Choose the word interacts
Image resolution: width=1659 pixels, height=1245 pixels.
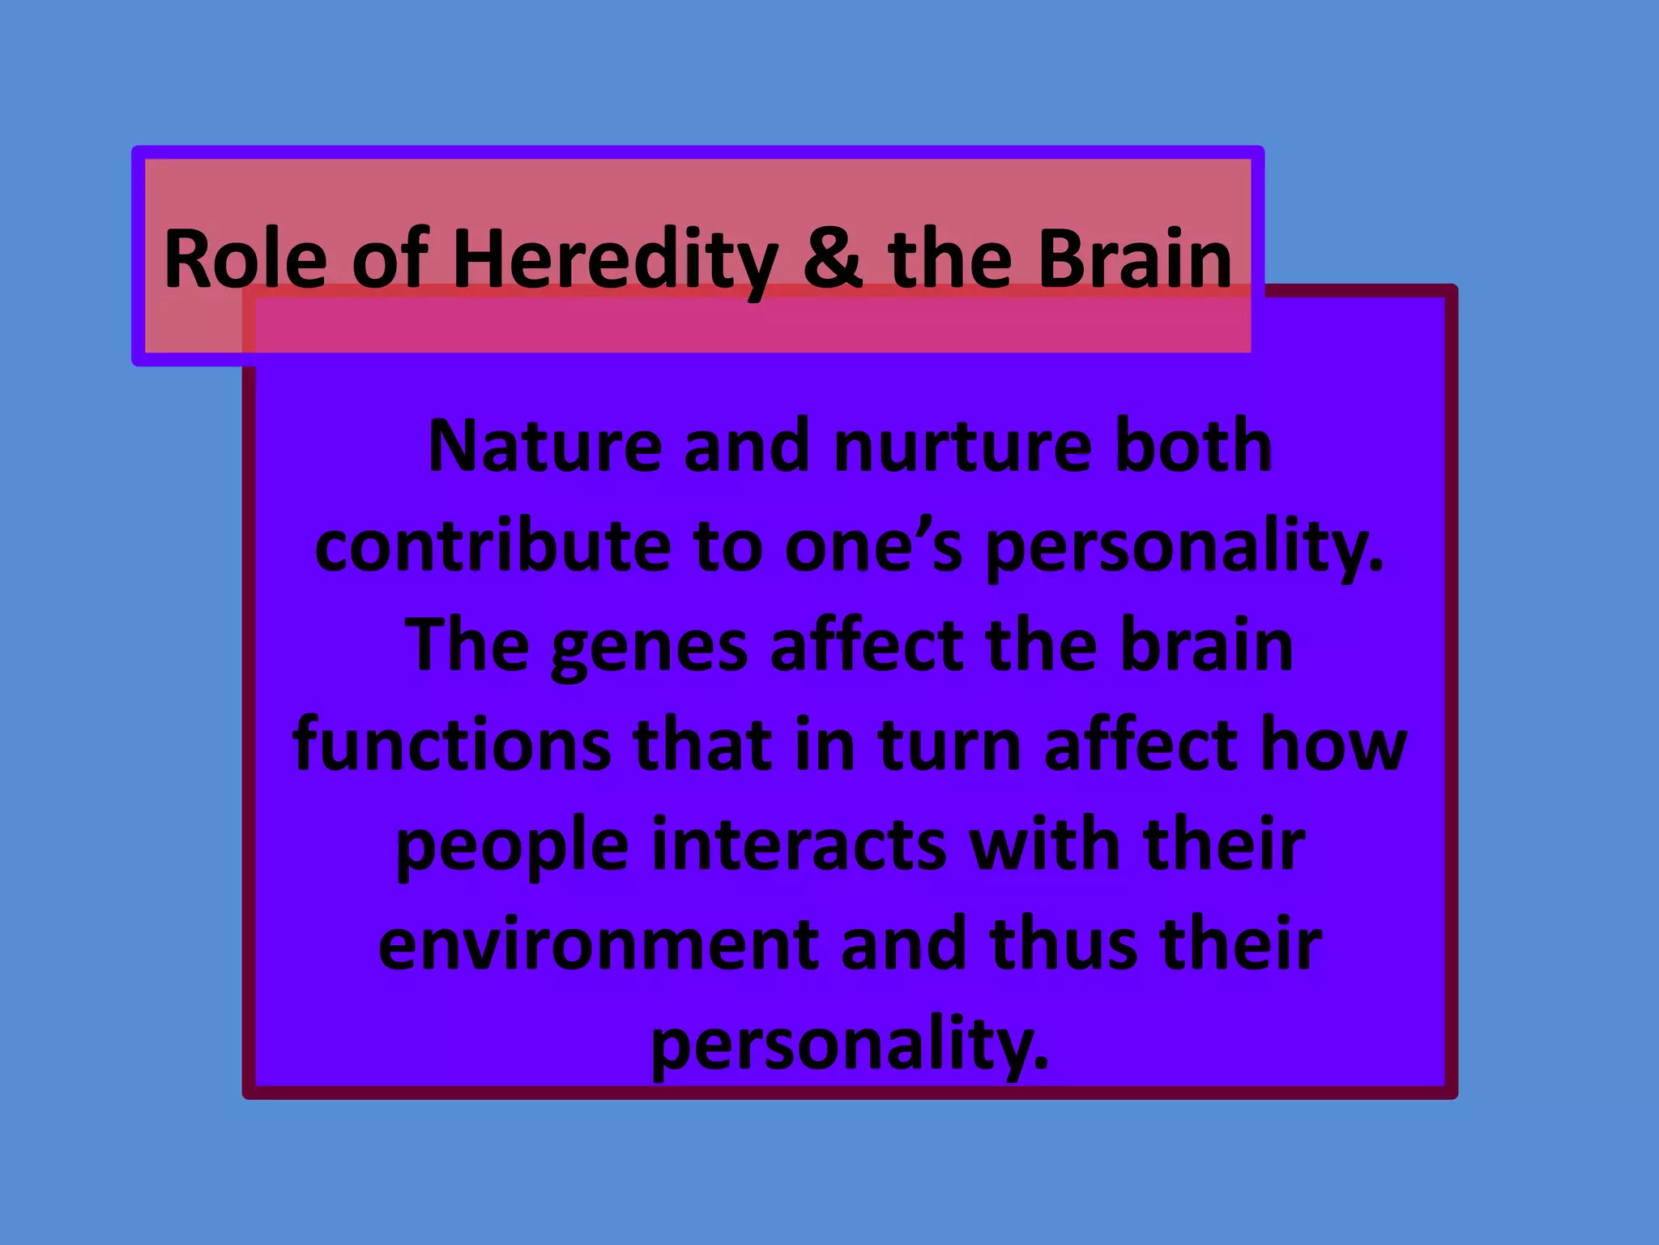click(x=798, y=845)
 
